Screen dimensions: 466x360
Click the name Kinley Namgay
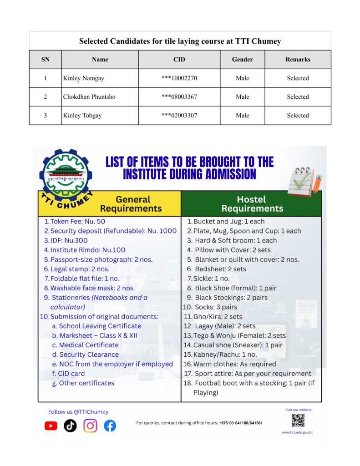click(x=84, y=78)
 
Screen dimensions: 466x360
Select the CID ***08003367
click(x=179, y=97)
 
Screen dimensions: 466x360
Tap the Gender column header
click(x=242, y=59)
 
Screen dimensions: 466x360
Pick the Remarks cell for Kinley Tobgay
click(x=298, y=116)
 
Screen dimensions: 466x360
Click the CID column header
click(x=179, y=59)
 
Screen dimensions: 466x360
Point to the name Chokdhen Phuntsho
click(x=89, y=97)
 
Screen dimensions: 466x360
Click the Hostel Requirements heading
click(x=252, y=204)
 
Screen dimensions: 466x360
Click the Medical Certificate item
click(x=89, y=345)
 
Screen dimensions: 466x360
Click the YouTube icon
click(x=51, y=426)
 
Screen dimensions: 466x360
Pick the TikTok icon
click(x=70, y=426)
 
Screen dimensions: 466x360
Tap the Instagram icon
click(x=90, y=426)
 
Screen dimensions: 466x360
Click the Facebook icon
click(x=110, y=426)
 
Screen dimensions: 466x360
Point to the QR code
click(x=298, y=420)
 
